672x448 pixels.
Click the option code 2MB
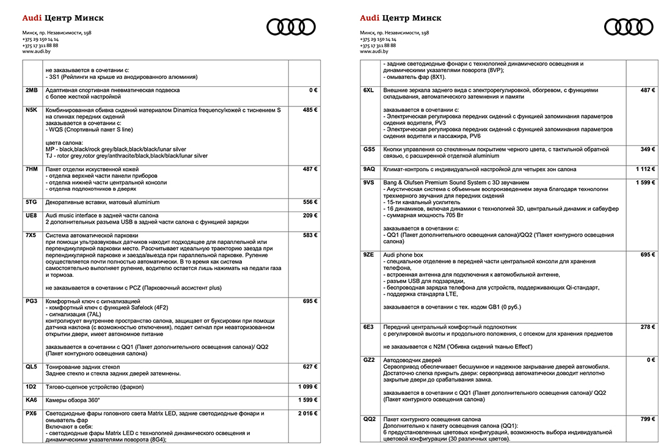31,90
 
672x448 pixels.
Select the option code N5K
32,109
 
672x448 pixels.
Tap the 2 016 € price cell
307,414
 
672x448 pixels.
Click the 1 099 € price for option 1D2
307,387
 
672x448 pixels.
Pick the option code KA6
31,400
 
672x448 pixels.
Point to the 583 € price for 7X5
310,235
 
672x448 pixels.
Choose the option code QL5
31,367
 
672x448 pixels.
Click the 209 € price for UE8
310,216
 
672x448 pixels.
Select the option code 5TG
31,202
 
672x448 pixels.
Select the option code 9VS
368,182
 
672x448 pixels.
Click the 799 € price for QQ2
648,419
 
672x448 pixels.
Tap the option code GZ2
368,360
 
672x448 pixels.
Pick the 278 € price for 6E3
648,328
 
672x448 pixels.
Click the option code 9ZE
368,254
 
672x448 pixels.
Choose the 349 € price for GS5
648,149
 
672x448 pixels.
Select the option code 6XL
368,90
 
